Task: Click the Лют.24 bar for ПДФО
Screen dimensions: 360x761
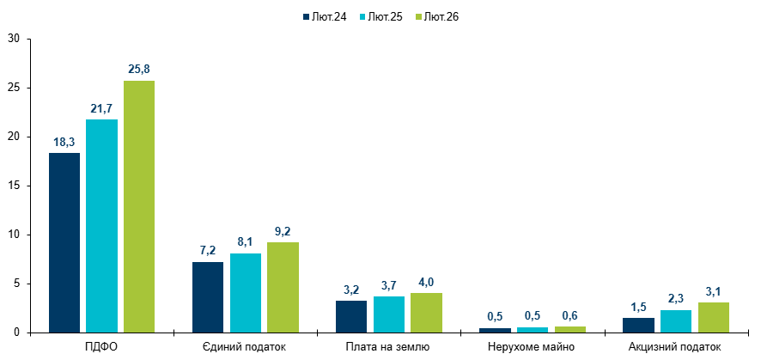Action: pyautogui.click(x=64, y=242)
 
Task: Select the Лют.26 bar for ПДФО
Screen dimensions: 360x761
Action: pyautogui.click(x=139, y=206)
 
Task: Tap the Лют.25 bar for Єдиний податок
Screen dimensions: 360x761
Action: pyautogui.click(x=246, y=293)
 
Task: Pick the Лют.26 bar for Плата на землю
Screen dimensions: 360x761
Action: pyautogui.click(x=426, y=313)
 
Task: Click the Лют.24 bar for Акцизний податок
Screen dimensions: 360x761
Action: pyautogui.click(x=639, y=325)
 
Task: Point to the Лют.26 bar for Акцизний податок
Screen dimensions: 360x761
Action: pyautogui.click(x=714, y=317)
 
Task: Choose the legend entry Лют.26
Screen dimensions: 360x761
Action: pyautogui.click(x=441, y=16)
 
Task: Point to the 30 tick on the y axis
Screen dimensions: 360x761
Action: pyautogui.click(x=14, y=39)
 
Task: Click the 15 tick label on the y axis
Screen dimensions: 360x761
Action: pyautogui.click(x=14, y=186)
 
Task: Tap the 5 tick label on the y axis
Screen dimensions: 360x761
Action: pyautogui.click(x=16, y=284)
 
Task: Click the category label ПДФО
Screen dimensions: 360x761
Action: pyautogui.click(x=102, y=347)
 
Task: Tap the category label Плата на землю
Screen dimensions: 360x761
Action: pyautogui.click(x=389, y=347)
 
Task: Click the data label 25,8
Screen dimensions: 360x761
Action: pyautogui.click(x=139, y=69)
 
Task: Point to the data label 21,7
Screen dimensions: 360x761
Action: pyautogui.click(x=101, y=108)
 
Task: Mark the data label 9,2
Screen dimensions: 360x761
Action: pyautogui.click(x=283, y=230)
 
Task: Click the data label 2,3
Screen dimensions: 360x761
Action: pyautogui.click(x=676, y=298)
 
